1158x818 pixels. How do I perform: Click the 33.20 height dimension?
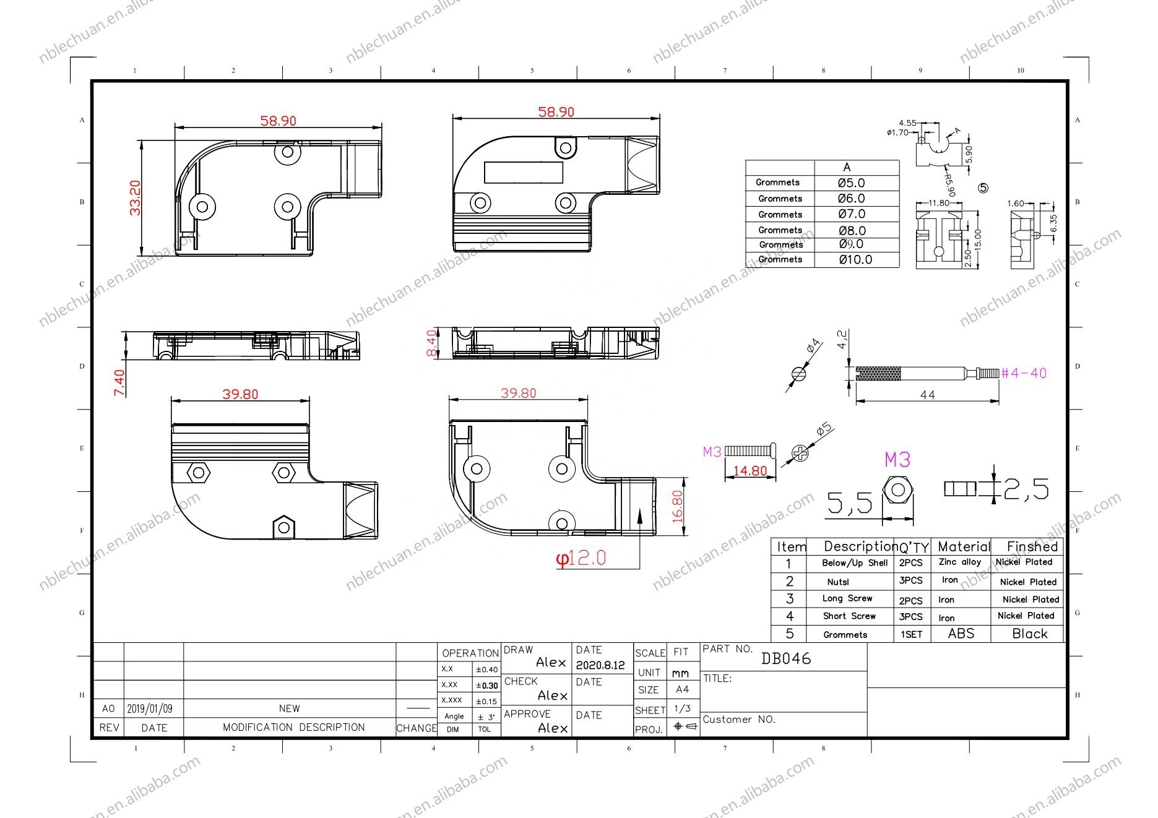135,197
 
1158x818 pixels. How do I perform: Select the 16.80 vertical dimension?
677,507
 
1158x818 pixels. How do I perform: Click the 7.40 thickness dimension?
119,382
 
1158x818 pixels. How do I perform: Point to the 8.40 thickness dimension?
431,343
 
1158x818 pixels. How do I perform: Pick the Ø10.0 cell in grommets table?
856,260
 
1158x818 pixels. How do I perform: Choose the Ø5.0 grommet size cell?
852,183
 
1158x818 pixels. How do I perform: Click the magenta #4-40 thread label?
1024,373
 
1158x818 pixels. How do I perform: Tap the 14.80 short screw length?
750,471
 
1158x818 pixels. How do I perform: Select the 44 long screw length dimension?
927,395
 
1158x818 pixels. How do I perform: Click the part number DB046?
786,658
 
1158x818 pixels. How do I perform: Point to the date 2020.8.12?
600,666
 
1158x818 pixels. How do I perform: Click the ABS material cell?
961,634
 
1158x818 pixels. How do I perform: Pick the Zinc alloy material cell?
960,562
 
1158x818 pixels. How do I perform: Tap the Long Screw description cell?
847,598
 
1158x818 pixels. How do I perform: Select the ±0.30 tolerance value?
486,686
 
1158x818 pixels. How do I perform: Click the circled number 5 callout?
984,188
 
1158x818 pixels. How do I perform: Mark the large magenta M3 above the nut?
897,460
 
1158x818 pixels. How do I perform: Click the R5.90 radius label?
950,184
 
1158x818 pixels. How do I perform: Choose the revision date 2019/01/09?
150,709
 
